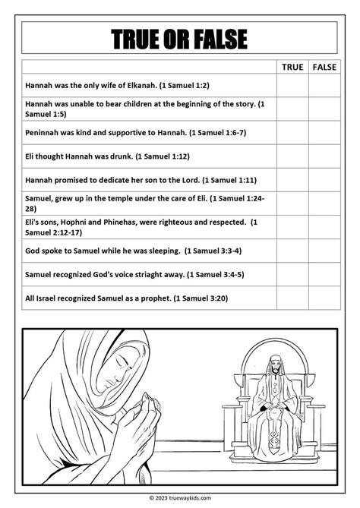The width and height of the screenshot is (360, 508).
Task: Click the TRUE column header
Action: pos(292,67)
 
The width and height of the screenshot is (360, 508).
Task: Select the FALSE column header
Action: pos(324,67)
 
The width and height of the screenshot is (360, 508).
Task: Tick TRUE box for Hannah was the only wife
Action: pos(292,86)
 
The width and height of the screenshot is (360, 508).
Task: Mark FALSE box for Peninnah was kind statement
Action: pos(324,133)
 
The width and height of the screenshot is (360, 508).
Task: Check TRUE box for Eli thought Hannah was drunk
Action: pos(292,156)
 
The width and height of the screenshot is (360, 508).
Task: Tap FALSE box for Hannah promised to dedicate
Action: pos(324,180)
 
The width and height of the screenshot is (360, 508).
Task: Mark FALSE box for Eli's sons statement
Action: pos(324,227)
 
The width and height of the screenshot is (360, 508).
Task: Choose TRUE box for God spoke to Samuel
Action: pos(292,251)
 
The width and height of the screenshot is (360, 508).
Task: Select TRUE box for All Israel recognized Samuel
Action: pos(292,298)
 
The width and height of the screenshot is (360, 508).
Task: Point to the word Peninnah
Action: pos(43,133)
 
